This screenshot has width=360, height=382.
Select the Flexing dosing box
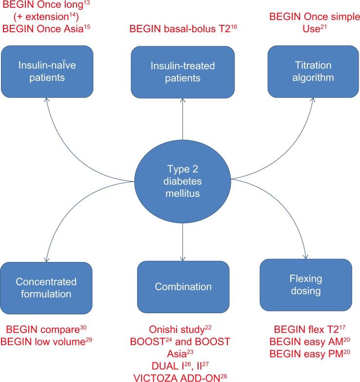pyautogui.click(x=306, y=284)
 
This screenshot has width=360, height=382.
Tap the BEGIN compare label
pyautogui.click(x=46, y=330)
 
